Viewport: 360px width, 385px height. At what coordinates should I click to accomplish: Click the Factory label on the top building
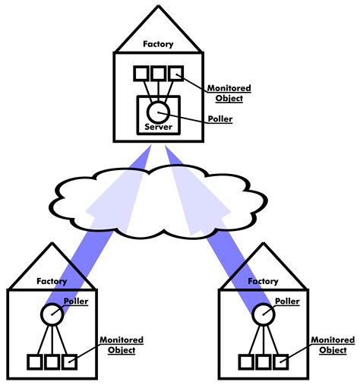[158, 44]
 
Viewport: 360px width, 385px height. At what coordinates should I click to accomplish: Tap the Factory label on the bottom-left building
[52, 281]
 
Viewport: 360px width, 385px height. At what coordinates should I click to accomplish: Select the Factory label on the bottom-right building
[264, 281]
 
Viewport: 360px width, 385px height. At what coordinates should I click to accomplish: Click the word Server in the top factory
[158, 128]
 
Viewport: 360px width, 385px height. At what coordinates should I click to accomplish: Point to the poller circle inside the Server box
[158, 112]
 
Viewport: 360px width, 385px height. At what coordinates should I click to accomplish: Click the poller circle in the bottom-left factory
[52, 313]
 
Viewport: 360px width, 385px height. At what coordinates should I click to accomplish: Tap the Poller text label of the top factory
[220, 120]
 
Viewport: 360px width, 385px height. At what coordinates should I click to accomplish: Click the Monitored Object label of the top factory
[229, 93]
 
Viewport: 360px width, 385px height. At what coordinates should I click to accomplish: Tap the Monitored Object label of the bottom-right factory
[333, 345]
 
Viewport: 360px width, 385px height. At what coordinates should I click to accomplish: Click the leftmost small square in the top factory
[141, 74]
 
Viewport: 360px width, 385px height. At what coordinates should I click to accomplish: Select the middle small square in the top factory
[158, 74]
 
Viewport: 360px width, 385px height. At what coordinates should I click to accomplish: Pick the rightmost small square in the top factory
[175, 74]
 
